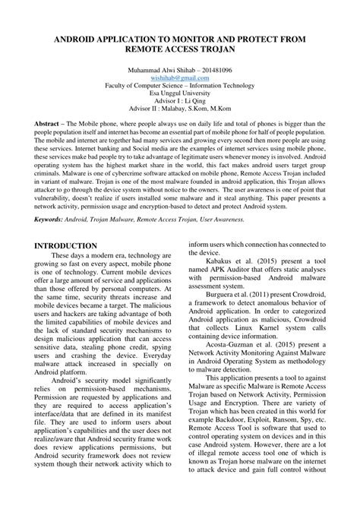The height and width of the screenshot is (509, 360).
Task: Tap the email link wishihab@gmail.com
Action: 179,78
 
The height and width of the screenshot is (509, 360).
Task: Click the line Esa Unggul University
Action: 179,95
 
